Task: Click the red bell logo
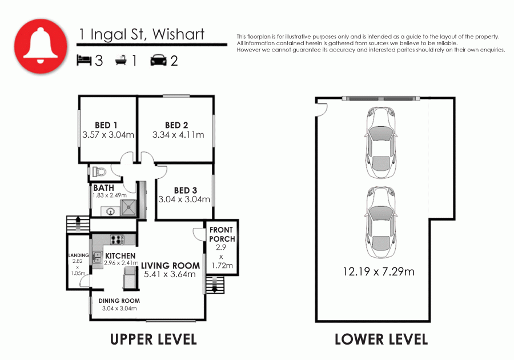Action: click(x=41, y=46)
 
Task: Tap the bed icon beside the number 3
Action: click(x=84, y=61)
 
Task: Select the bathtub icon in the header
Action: click(x=121, y=61)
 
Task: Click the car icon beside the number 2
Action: click(x=159, y=61)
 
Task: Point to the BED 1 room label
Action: click(x=106, y=125)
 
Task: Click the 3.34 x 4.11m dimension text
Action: click(x=178, y=135)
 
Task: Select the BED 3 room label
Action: click(x=186, y=190)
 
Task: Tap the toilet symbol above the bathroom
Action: click(x=99, y=171)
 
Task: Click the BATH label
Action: click(x=103, y=188)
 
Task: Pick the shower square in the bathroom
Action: click(x=129, y=207)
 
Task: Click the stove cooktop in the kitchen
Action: click(x=117, y=239)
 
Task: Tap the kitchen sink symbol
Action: click(x=97, y=257)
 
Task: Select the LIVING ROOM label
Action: click(x=170, y=266)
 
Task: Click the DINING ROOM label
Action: click(x=119, y=301)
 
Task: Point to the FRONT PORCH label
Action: click(x=222, y=234)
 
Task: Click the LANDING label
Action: click(x=79, y=255)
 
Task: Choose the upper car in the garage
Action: click(x=381, y=143)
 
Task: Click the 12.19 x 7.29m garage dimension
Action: click(x=379, y=272)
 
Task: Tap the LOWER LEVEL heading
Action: click(x=382, y=339)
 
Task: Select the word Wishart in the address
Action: click(x=178, y=34)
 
